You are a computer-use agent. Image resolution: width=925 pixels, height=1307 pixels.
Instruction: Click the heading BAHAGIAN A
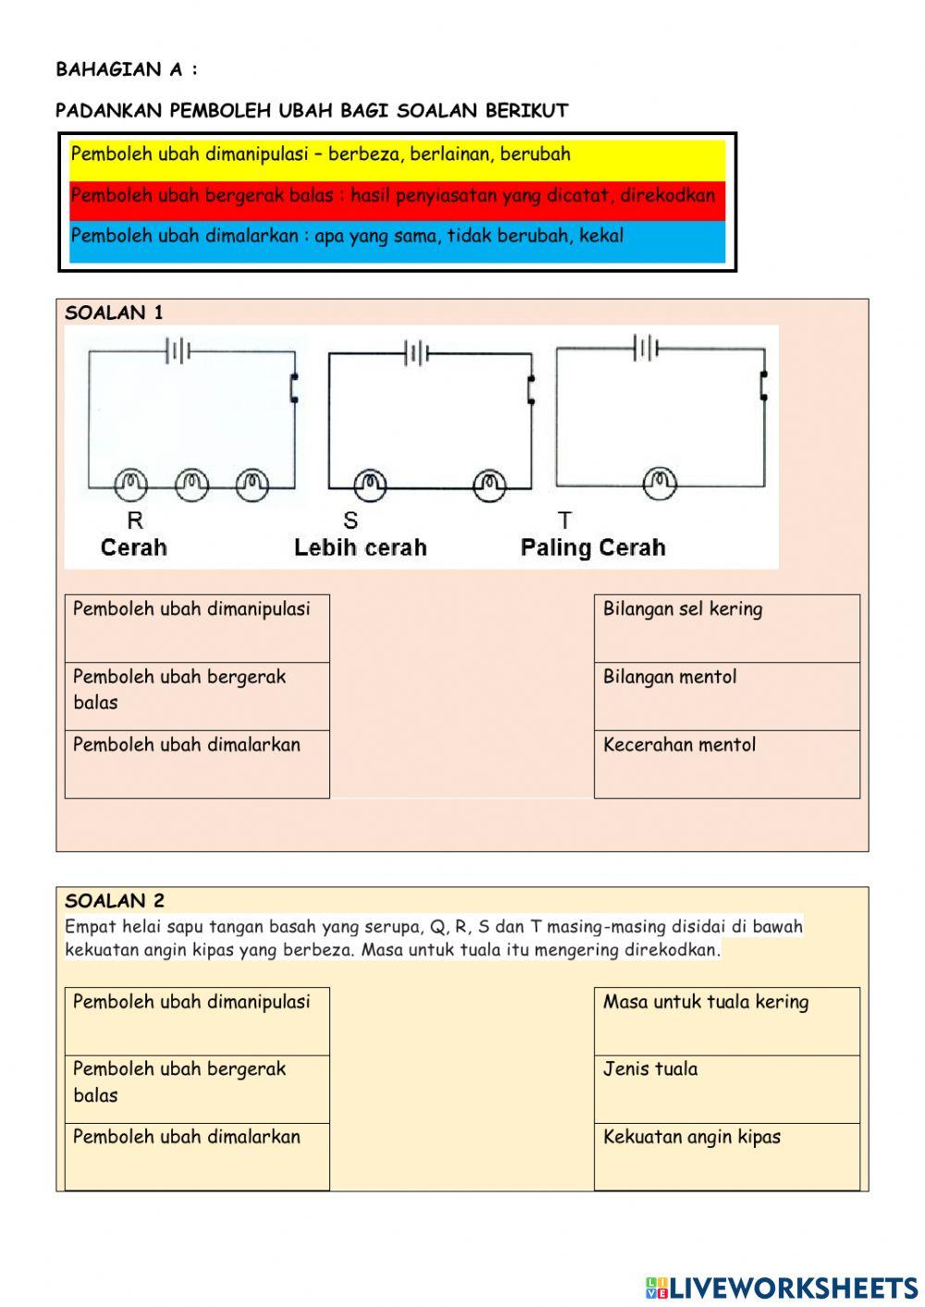point(127,69)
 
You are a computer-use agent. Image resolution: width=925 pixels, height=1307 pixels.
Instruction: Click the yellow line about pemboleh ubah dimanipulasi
point(320,154)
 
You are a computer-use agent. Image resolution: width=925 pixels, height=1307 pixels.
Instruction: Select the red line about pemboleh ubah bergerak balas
point(392,195)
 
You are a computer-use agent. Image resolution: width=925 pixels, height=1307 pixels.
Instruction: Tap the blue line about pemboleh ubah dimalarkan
point(347,236)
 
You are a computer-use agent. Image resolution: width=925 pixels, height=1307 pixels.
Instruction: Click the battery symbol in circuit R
point(178,351)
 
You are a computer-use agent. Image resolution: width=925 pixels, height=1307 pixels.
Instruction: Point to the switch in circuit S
point(531,388)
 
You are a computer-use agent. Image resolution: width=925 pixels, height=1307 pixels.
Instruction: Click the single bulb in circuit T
point(660,482)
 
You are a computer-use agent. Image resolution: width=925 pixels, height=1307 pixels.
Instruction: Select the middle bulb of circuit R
point(191,483)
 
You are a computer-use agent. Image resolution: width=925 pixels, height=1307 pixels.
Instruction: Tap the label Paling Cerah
point(593,548)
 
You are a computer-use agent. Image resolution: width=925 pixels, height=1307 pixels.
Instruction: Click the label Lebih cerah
point(360,548)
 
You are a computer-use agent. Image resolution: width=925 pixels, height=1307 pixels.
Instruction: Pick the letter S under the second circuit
point(351,521)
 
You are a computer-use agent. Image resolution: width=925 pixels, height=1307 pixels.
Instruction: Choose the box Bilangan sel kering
point(726,628)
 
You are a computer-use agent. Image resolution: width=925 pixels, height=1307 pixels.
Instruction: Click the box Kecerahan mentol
point(726,764)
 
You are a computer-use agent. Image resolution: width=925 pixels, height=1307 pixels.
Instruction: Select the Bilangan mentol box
point(726,697)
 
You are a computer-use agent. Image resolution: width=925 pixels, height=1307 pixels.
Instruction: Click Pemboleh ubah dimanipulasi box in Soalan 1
point(197,628)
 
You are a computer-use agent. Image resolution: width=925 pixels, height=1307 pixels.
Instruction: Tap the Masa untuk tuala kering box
point(726,1021)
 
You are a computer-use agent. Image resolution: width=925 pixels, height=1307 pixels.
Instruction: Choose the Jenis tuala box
point(726,1089)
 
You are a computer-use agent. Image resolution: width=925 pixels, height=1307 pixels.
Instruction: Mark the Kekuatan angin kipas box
point(726,1156)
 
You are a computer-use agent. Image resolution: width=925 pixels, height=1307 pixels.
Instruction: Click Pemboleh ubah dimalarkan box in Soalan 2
point(197,1156)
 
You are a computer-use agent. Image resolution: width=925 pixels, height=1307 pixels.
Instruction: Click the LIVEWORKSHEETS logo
point(782,1287)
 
